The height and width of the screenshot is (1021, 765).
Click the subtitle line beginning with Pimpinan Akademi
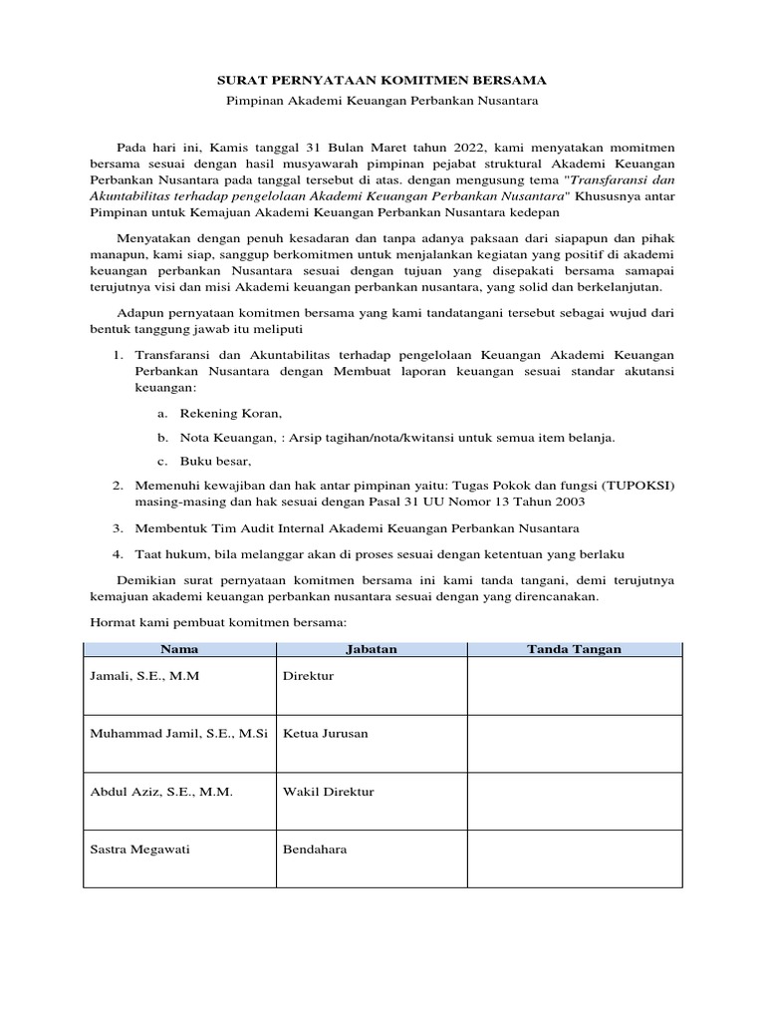(x=382, y=103)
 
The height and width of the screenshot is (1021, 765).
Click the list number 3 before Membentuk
(x=117, y=527)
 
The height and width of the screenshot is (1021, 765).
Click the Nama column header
(x=179, y=649)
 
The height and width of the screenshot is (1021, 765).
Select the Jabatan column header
(x=371, y=649)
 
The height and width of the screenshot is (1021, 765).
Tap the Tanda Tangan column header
(x=574, y=649)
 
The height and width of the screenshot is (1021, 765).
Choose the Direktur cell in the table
(x=309, y=676)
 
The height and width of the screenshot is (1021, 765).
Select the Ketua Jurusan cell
(x=326, y=734)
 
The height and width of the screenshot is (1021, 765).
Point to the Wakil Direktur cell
(x=329, y=792)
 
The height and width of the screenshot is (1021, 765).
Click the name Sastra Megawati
(x=139, y=850)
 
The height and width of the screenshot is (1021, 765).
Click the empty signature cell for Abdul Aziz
(x=574, y=802)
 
